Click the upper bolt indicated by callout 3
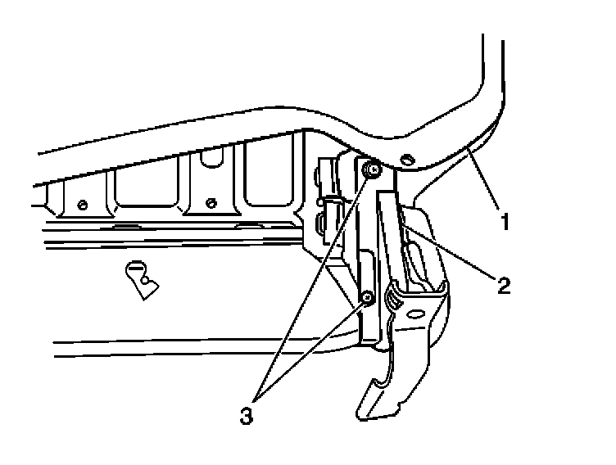(x=373, y=169)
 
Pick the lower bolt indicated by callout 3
(x=368, y=298)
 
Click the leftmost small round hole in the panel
(x=82, y=204)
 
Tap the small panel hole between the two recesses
(x=211, y=203)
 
